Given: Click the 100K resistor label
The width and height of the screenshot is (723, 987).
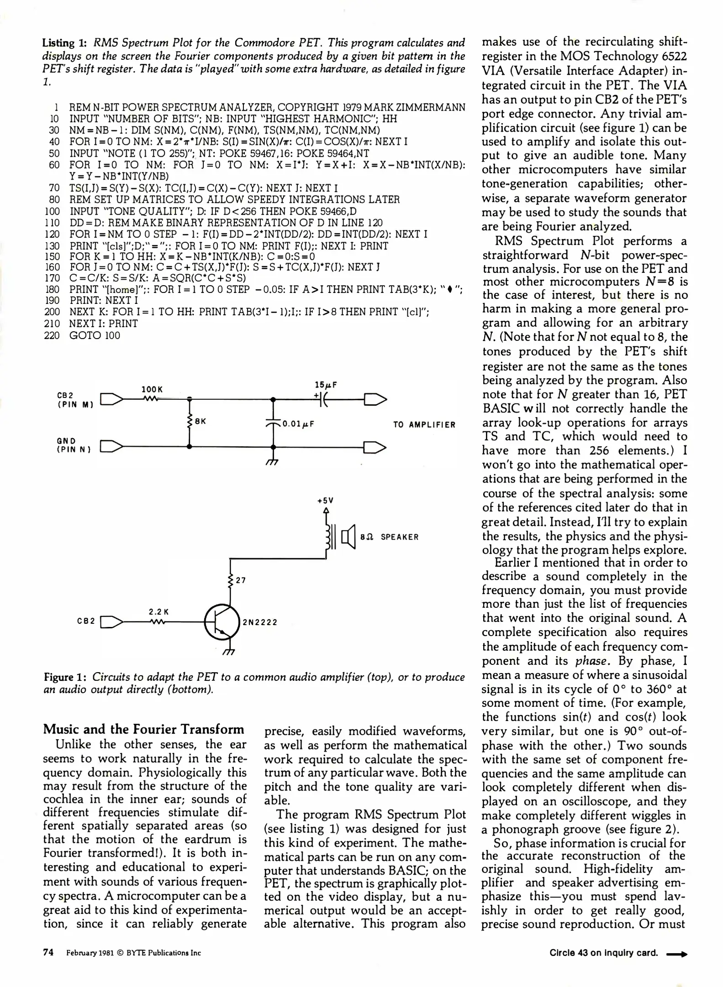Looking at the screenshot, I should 152,389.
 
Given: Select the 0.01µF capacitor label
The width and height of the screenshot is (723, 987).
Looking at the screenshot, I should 298,424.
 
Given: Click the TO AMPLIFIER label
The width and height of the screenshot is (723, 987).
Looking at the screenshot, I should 424,425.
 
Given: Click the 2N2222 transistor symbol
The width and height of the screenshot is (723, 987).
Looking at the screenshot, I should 222,622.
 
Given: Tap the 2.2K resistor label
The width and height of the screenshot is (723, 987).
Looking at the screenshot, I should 158,611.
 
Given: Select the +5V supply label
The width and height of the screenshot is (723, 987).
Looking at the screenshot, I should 326,501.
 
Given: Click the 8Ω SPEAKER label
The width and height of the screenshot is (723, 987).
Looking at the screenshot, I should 389,537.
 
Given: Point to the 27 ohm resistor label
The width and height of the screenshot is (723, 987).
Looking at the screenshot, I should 241,580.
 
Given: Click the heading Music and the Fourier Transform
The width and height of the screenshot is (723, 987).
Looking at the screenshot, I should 143,729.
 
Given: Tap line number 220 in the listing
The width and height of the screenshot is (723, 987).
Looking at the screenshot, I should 52,335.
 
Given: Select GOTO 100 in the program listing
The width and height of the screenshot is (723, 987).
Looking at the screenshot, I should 95,335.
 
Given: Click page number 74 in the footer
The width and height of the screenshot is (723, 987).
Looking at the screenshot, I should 48,952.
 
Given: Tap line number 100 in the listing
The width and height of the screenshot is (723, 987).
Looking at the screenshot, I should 52,211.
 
